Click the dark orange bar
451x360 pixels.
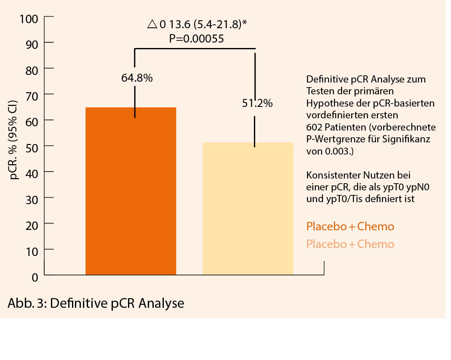(131, 191)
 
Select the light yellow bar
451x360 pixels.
(248, 209)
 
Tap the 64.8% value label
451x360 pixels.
(137, 78)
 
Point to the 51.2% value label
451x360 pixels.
(257, 103)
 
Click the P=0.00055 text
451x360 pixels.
(196, 39)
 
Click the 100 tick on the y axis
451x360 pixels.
(29, 19)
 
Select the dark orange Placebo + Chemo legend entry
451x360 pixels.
(350, 227)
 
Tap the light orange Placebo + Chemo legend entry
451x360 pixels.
(350, 244)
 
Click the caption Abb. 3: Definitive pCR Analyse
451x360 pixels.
(96, 303)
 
